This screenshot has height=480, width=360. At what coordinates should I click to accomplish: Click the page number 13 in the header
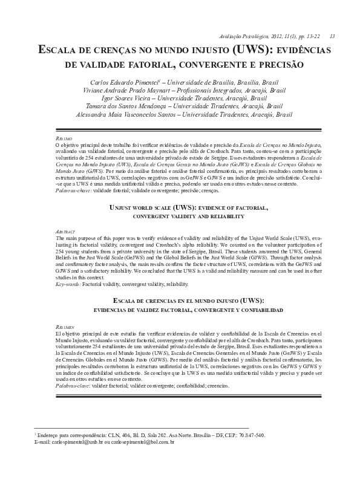tap(332, 36)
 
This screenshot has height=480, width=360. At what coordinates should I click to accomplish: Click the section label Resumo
tap(64, 138)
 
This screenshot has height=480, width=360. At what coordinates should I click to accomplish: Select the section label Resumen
tap(65, 326)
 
